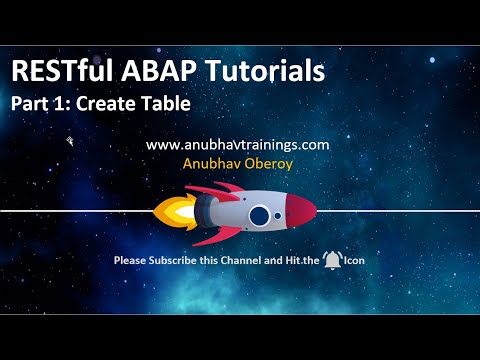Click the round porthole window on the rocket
click(x=259, y=215)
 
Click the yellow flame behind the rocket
click(x=170, y=212)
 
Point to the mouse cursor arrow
click(x=70, y=142)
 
